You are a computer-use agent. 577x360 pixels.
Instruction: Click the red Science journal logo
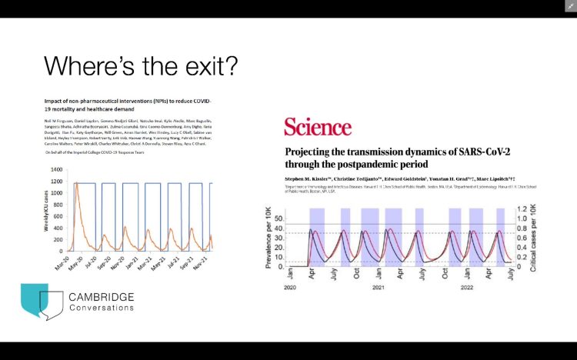coord(318,127)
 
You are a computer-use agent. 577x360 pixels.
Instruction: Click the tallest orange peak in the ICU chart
coord(77,183)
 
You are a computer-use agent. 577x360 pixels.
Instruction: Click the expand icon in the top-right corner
coord(570,6)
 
